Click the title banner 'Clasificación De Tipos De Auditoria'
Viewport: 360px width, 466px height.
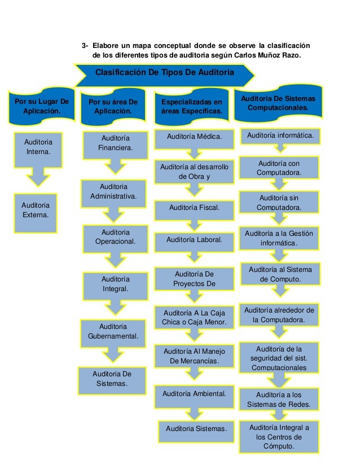point(166,73)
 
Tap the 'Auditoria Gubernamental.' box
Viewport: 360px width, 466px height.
point(113,332)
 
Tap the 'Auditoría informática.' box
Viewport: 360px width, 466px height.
point(280,136)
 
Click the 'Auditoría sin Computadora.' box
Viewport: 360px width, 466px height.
point(279,203)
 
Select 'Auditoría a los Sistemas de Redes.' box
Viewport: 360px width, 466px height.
point(279,399)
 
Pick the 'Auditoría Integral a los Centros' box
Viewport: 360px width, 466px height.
point(279,437)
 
